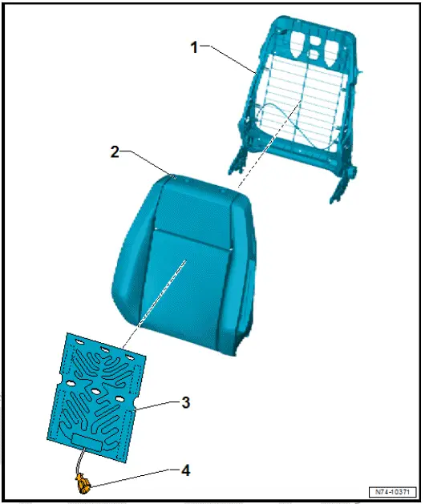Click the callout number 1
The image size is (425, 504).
193,46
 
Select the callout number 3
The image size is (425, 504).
185,402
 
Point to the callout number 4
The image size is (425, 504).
185,470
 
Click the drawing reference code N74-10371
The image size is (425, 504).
394,490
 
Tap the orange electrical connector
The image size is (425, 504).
83,483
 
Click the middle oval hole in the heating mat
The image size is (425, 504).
95,391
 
